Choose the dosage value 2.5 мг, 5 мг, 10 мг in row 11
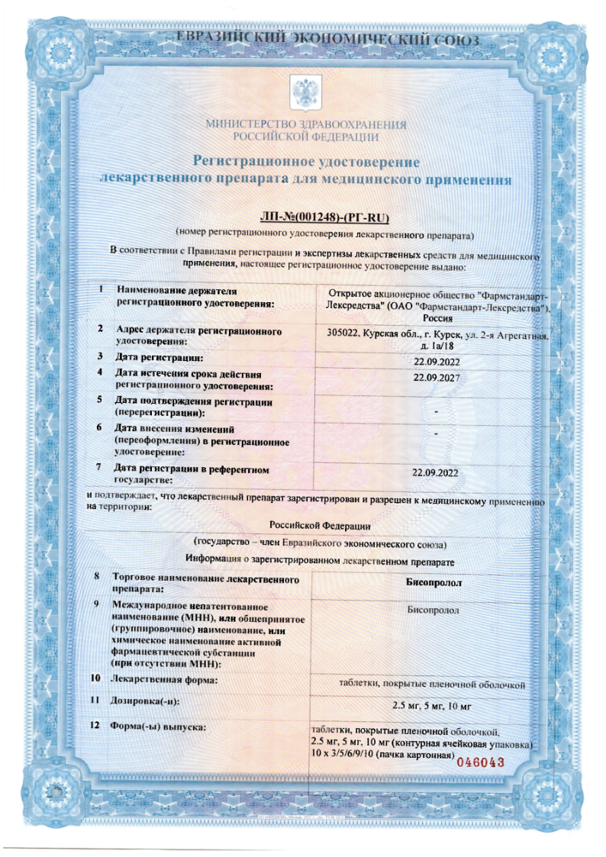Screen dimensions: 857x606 pyautogui.click(x=433, y=704)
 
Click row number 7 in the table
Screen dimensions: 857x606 pyautogui.click(x=100, y=466)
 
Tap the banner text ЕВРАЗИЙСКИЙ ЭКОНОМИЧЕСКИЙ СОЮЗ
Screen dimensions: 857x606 pyautogui.click(x=328, y=38)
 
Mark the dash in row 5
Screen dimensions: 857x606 pyautogui.click(x=435, y=412)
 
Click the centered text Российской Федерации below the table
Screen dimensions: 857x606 pyautogui.click(x=321, y=525)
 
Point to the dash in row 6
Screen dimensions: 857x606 pyautogui.click(x=435, y=433)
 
